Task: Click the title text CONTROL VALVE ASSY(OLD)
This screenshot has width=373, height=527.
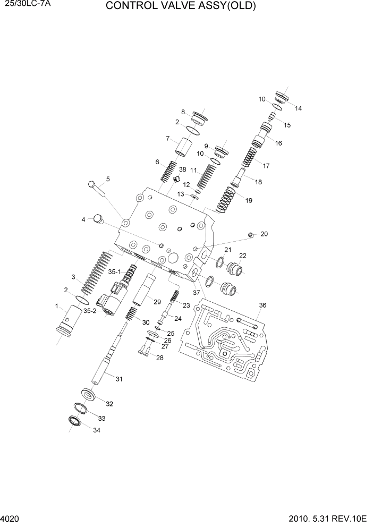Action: pos(181,6)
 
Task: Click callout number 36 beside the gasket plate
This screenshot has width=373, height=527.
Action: pos(262,305)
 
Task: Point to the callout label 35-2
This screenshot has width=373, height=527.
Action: pos(90,311)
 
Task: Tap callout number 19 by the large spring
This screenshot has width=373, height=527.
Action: pos(249,200)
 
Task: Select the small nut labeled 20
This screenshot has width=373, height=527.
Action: pos(251,234)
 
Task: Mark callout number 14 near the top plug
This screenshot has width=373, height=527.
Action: pos(298,108)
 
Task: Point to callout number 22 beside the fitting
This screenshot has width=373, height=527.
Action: pos(242,256)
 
